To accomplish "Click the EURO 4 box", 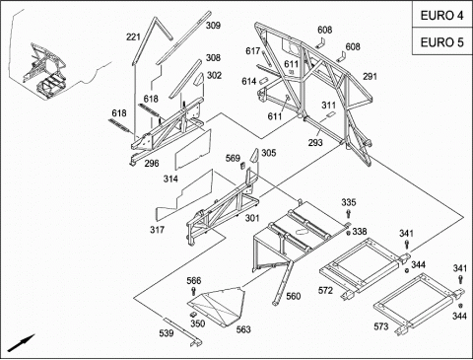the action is coord(442,15).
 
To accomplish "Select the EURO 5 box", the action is coord(442,41).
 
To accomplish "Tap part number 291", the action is coord(370,77).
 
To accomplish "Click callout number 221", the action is coord(133,37).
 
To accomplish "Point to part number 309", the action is coord(213,26).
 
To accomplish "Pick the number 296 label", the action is coord(152,163).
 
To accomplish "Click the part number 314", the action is coord(170,179).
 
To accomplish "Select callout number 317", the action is coord(157,230).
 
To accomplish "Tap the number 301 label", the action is coord(252,218).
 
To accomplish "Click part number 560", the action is coord(293,296).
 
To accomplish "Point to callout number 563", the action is coord(243,329).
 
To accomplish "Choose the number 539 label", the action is coord(167,333).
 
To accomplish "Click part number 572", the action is coord(325,290).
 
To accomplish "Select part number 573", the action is coord(381,326).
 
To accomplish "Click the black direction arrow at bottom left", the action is coord(22,343).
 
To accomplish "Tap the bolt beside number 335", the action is coord(348,214).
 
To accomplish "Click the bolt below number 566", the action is coord(194,291).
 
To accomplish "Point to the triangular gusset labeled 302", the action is coord(199,80).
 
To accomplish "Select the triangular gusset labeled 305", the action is coord(254,155).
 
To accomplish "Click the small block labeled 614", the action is coord(264,81).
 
